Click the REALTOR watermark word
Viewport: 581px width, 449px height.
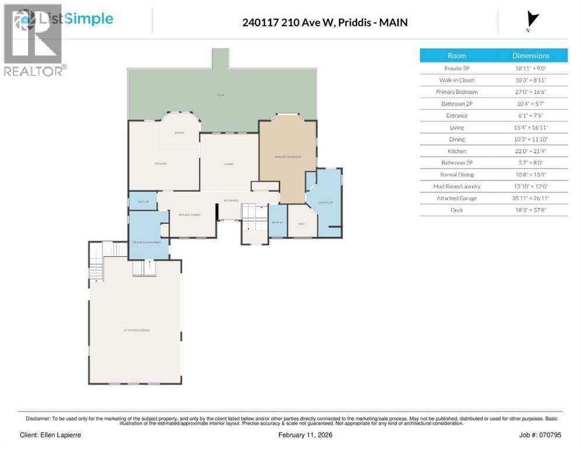click(x=33, y=71)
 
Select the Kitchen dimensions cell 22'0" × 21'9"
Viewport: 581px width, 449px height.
click(x=531, y=151)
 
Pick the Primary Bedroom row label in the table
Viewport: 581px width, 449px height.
click(x=456, y=92)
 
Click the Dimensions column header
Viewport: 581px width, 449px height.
click(x=531, y=56)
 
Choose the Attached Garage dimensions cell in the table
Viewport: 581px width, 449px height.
click(x=531, y=198)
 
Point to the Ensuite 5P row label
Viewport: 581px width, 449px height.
click(x=456, y=68)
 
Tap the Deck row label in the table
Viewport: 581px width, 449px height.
click(x=456, y=210)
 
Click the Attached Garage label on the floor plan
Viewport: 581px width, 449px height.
click(x=136, y=330)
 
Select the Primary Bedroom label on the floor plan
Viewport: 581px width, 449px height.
click(x=288, y=157)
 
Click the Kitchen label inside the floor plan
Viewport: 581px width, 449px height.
click(x=161, y=164)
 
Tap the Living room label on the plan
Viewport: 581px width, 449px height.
click(x=229, y=164)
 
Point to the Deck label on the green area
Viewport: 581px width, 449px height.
click(x=220, y=95)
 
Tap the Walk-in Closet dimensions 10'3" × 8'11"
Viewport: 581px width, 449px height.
click(x=531, y=80)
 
